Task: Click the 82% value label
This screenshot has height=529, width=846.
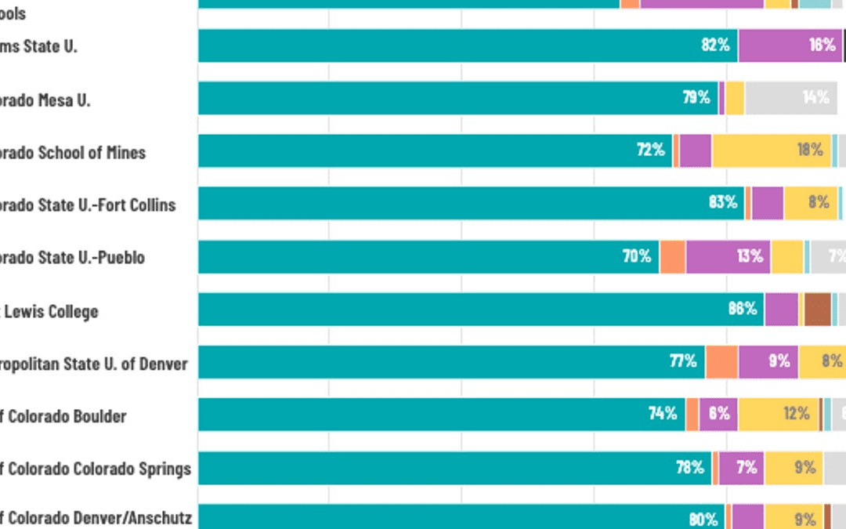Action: pos(715,45)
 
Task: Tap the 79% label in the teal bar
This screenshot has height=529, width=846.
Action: pos(696,97)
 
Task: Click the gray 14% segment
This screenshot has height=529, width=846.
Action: pos(790,98)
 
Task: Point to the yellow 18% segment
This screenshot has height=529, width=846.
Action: pos(772,150)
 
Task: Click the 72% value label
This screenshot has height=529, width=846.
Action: pos(650,150)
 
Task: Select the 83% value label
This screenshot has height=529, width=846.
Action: pos(723,202)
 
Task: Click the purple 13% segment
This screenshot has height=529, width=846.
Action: pos(728,256)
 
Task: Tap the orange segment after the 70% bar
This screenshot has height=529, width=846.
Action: pos(672,256)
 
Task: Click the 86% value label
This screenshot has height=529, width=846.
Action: pos(742,309)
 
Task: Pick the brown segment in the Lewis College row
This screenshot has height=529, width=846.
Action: pos(817,309)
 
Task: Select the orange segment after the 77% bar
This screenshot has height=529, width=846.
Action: pos(721,361)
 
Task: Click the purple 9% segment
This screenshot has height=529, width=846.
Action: pos(768,361)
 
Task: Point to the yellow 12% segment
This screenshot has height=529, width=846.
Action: pos(779,414)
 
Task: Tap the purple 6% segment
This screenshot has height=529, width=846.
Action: pos(718,414)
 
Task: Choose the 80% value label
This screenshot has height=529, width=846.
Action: pos(703,519)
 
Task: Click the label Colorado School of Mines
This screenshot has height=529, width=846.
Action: pos(73,153)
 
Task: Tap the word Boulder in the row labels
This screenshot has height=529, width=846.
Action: pos(99,416)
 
